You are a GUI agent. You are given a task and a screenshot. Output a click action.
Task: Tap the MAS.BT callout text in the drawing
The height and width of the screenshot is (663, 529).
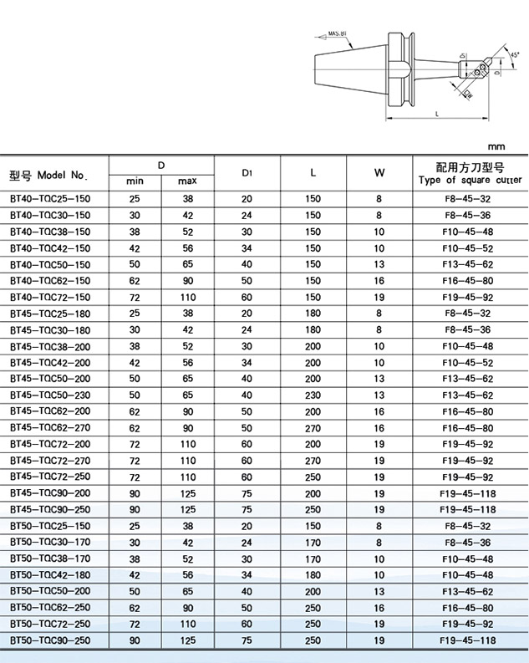[338, 34]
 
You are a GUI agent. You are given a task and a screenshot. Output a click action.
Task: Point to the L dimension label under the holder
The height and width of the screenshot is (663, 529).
[438, 114]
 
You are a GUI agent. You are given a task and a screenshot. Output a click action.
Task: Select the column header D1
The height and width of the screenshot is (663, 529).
[247, 172]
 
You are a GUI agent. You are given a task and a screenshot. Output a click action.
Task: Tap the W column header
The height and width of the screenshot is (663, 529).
[379, 172]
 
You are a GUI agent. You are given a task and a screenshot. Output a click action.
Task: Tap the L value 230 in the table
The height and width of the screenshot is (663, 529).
[313, 395]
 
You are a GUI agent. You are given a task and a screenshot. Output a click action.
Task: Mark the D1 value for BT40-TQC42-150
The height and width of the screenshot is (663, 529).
[247, 248]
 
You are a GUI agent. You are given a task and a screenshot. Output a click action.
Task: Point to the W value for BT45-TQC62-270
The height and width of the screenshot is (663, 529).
[379, 427]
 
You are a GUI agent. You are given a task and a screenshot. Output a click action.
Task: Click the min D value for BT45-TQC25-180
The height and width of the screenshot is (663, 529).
[135, 314]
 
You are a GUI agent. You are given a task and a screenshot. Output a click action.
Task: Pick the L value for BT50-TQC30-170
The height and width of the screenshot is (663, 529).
[313, 542]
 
